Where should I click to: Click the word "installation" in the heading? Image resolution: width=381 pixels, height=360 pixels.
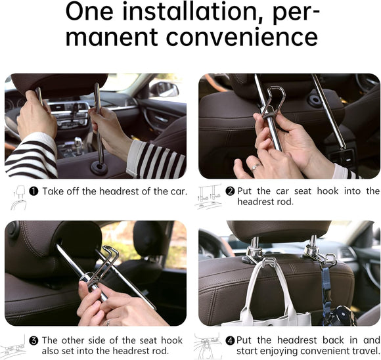[197, 12]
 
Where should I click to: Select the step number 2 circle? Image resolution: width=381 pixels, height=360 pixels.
[230, 191]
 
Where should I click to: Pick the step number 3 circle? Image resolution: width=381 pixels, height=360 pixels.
[33, 340]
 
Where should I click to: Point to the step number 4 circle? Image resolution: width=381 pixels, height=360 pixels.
[230, 340]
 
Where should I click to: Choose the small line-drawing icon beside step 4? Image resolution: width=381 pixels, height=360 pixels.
[208, 346]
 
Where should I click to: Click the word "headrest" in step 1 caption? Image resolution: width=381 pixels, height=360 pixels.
[129, 191]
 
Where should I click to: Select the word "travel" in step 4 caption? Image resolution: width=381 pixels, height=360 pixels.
[362, 351]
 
